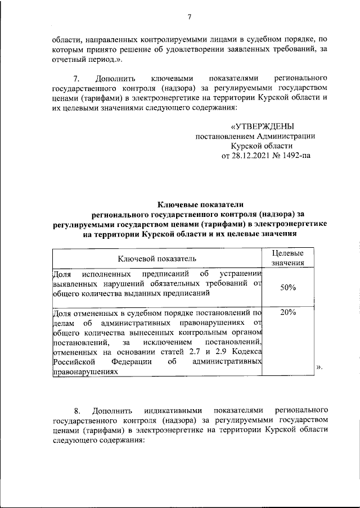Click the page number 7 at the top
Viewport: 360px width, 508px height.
point(190,16)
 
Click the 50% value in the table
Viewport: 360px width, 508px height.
point(288,287)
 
